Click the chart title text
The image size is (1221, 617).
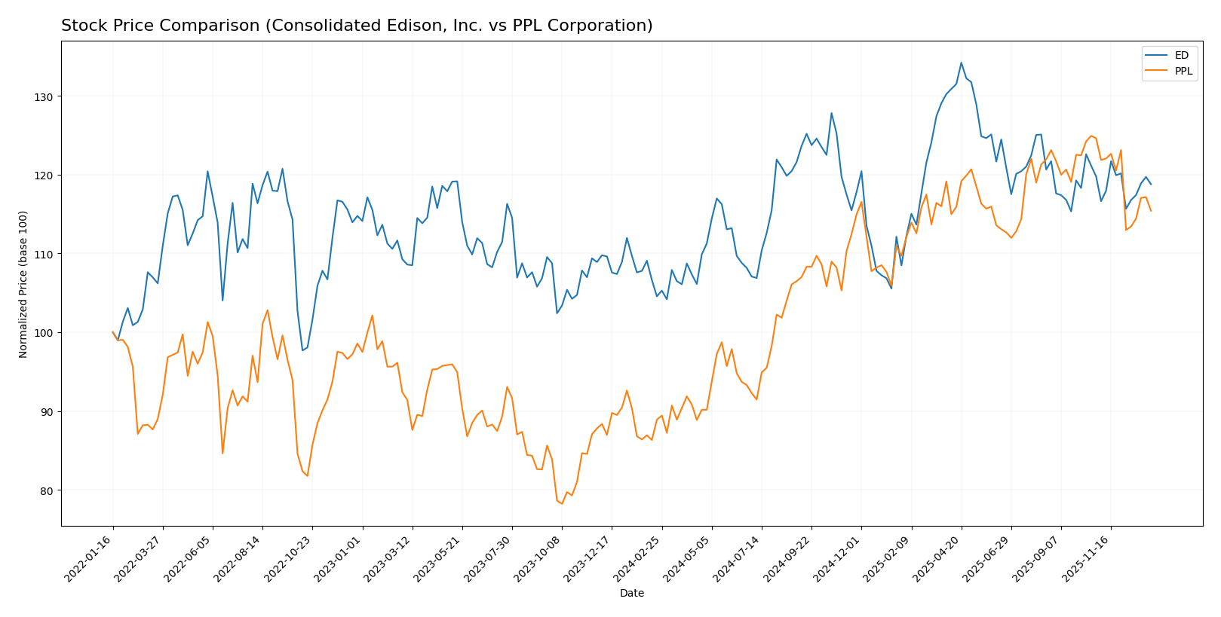click(357, 26)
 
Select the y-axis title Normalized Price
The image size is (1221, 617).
click(23, 284)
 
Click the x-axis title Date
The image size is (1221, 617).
click(631, 593)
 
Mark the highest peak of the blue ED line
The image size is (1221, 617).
click(961, 63)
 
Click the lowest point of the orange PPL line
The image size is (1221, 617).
click(562, 503)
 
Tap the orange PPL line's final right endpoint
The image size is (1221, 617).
click(1151, 211)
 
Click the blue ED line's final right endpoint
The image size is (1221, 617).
click(1151, 184)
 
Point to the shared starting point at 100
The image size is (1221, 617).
click(113, 332)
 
